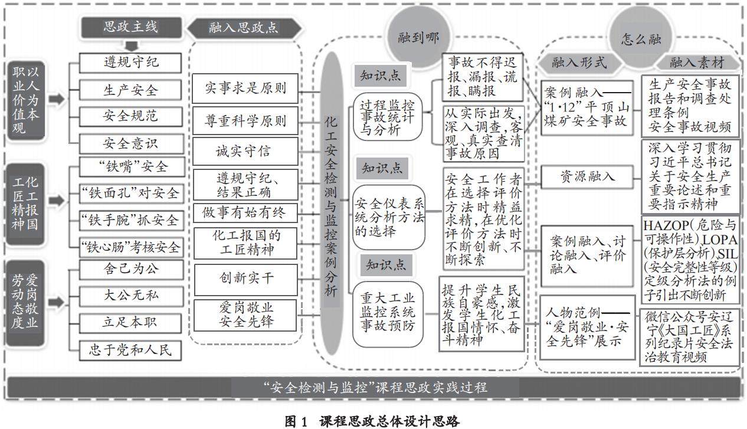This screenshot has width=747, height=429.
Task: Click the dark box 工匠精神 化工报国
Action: point(27,200)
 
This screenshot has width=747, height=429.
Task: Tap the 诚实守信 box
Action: point(243,151)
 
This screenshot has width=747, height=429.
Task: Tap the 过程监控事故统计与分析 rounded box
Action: point(388,117)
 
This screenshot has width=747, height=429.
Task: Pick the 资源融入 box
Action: point(587,176)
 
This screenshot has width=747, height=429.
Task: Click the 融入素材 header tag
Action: point(695,63)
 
